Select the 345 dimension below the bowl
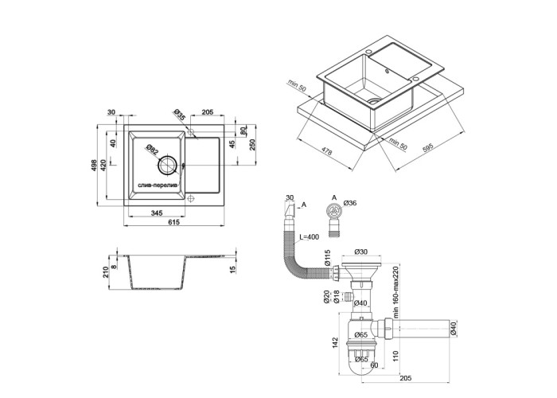(x=157, y=213)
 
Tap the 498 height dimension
(x=94, y=166)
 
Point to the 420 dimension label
(x=104, y=166)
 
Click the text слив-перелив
(x=159, y=185)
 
